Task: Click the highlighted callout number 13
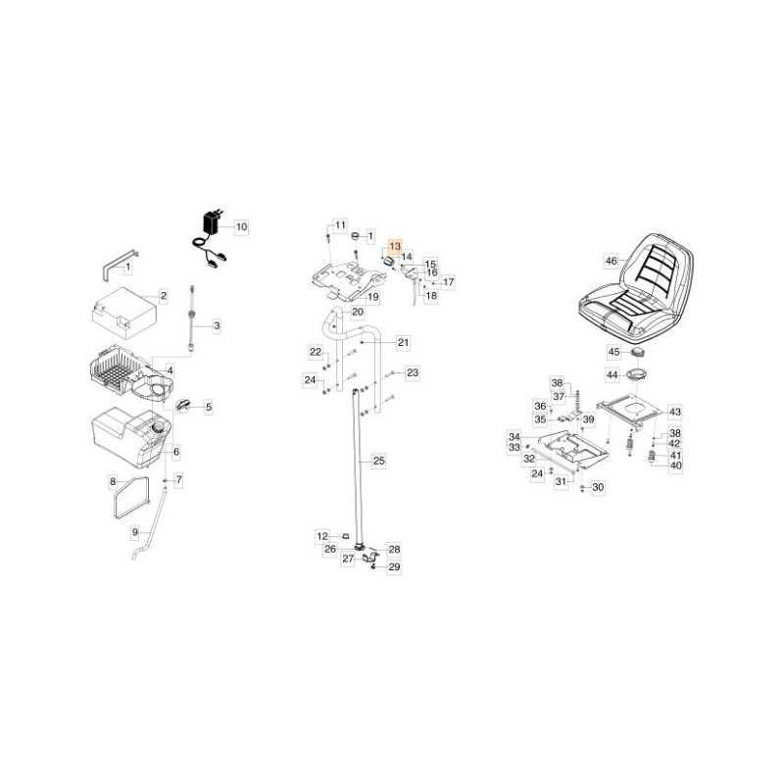tap(395, 246)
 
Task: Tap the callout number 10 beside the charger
tap(241, 227)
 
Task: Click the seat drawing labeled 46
tap(636, 286)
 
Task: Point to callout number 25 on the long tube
tap(379, 461)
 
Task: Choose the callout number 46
tap(612, 261)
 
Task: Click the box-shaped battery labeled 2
tap(124, 313)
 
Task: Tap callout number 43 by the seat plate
tap(675, 412)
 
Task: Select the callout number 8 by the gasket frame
tap(113, 481)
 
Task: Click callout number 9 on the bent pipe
tap(135, 532)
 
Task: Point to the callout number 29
tap(395, 567)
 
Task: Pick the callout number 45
tap(614, 352)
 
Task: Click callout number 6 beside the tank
tap(176, 452)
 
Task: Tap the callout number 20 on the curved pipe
tap(358, 312)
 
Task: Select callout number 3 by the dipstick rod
tap(217, 326)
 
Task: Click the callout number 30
tap(598, 487)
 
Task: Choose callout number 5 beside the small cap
tap(209, 408)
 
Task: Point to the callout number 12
tap(322, 536)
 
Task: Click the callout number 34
tap(514, 437)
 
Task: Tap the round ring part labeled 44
tap(635, 374)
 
